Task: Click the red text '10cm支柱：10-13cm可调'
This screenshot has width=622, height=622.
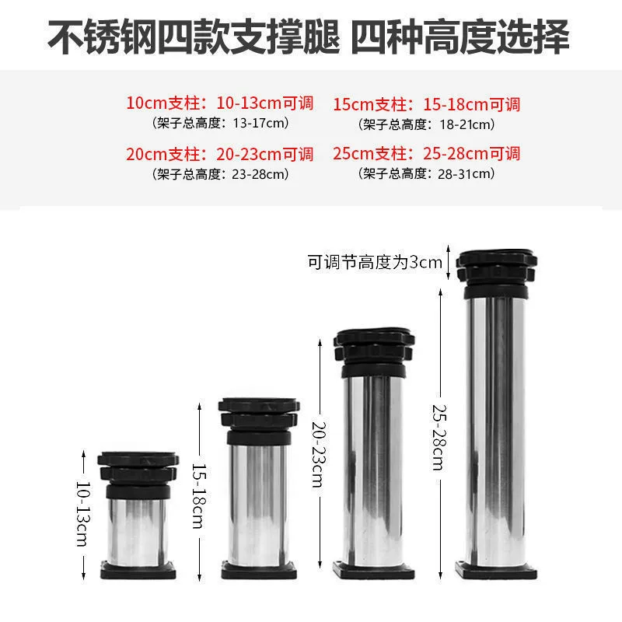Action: [x=220, y=103]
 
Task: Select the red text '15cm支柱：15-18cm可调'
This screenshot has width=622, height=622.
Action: [x=426, y=105]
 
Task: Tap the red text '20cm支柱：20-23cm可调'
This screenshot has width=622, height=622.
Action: [x=220, y=154]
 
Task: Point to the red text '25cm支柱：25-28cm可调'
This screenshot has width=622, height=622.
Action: [x=426, y=153]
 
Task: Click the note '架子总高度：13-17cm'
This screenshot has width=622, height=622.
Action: [x=220, y=123]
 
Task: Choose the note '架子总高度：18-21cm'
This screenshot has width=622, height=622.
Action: [x=426, y=124]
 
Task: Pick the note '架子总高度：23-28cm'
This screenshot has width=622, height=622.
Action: [x=220, y=174]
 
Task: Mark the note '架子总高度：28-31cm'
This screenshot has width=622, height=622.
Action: [x=426, y=173]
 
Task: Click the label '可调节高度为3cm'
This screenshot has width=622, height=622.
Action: [x=375, y=262]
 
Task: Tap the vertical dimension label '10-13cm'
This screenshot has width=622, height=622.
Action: [x=83, y=514]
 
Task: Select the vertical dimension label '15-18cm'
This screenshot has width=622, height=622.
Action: [x=199, y=496]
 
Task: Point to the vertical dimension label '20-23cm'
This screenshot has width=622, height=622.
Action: [x=320, y=454]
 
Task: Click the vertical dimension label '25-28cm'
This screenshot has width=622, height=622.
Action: [x=440, y=437]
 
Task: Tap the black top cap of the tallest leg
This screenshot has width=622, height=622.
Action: [x=496, y=274]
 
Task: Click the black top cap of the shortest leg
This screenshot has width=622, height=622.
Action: [x=138, y=475]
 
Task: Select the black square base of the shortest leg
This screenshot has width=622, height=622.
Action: [x=138, y=570]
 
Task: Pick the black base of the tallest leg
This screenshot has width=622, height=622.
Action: [x=496, y=570]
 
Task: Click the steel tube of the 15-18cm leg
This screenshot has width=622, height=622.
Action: [x=258, y=504]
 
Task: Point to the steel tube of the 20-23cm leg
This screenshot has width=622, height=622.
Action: [x=374, y=471]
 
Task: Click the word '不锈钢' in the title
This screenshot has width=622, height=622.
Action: [x=103, y=37]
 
